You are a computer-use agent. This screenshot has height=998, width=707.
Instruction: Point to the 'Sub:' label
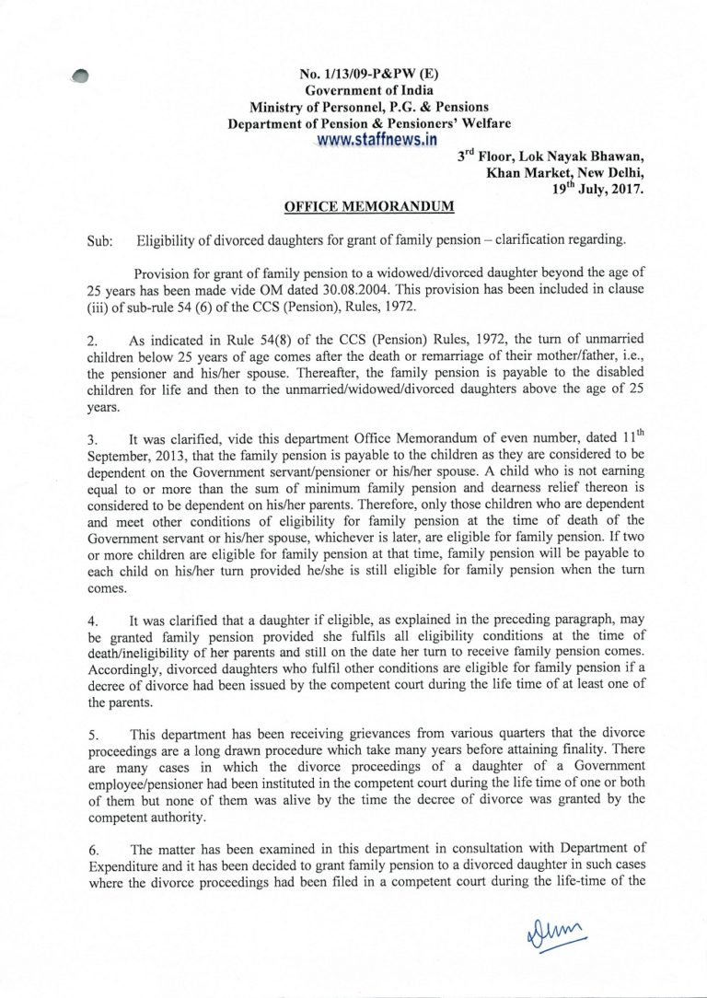tap(99, 242)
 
